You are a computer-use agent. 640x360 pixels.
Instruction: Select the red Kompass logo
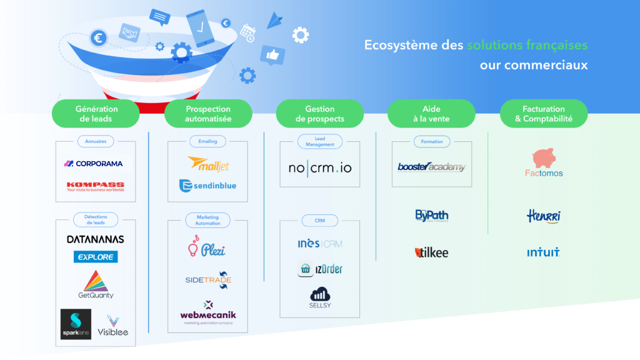[95, 186]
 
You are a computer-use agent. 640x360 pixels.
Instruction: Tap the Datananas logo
[95, 239]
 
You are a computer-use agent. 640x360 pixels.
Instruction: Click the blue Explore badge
[95, 257]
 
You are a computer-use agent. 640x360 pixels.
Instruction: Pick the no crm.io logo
[319, 168]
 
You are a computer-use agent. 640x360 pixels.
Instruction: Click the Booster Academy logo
[431, 167]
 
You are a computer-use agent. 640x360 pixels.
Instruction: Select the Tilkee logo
[431, 252]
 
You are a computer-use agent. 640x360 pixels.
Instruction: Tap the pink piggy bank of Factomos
[544, 158]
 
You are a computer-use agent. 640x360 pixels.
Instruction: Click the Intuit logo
[543, 253]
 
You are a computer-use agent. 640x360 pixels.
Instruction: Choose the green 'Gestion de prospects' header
[320, 114]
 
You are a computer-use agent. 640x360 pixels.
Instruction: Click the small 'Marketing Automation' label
[207, 220]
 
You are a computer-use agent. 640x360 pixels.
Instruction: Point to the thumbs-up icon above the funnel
[272, 56]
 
